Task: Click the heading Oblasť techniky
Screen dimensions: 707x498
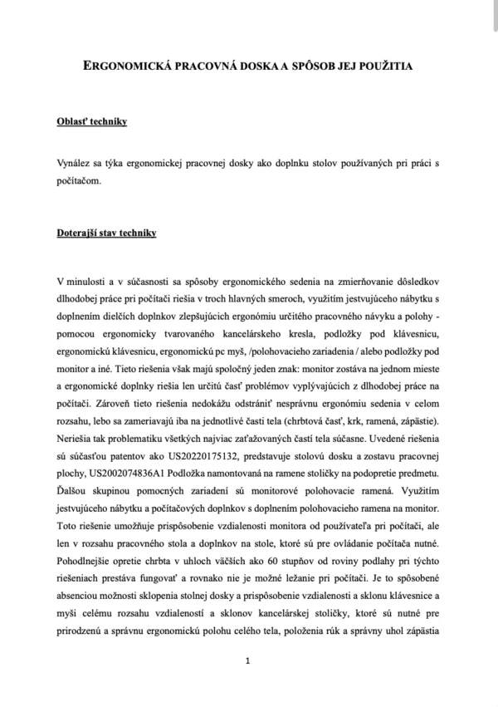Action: pos(91,123)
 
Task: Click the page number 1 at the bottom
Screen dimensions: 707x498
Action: pos(249,660)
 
